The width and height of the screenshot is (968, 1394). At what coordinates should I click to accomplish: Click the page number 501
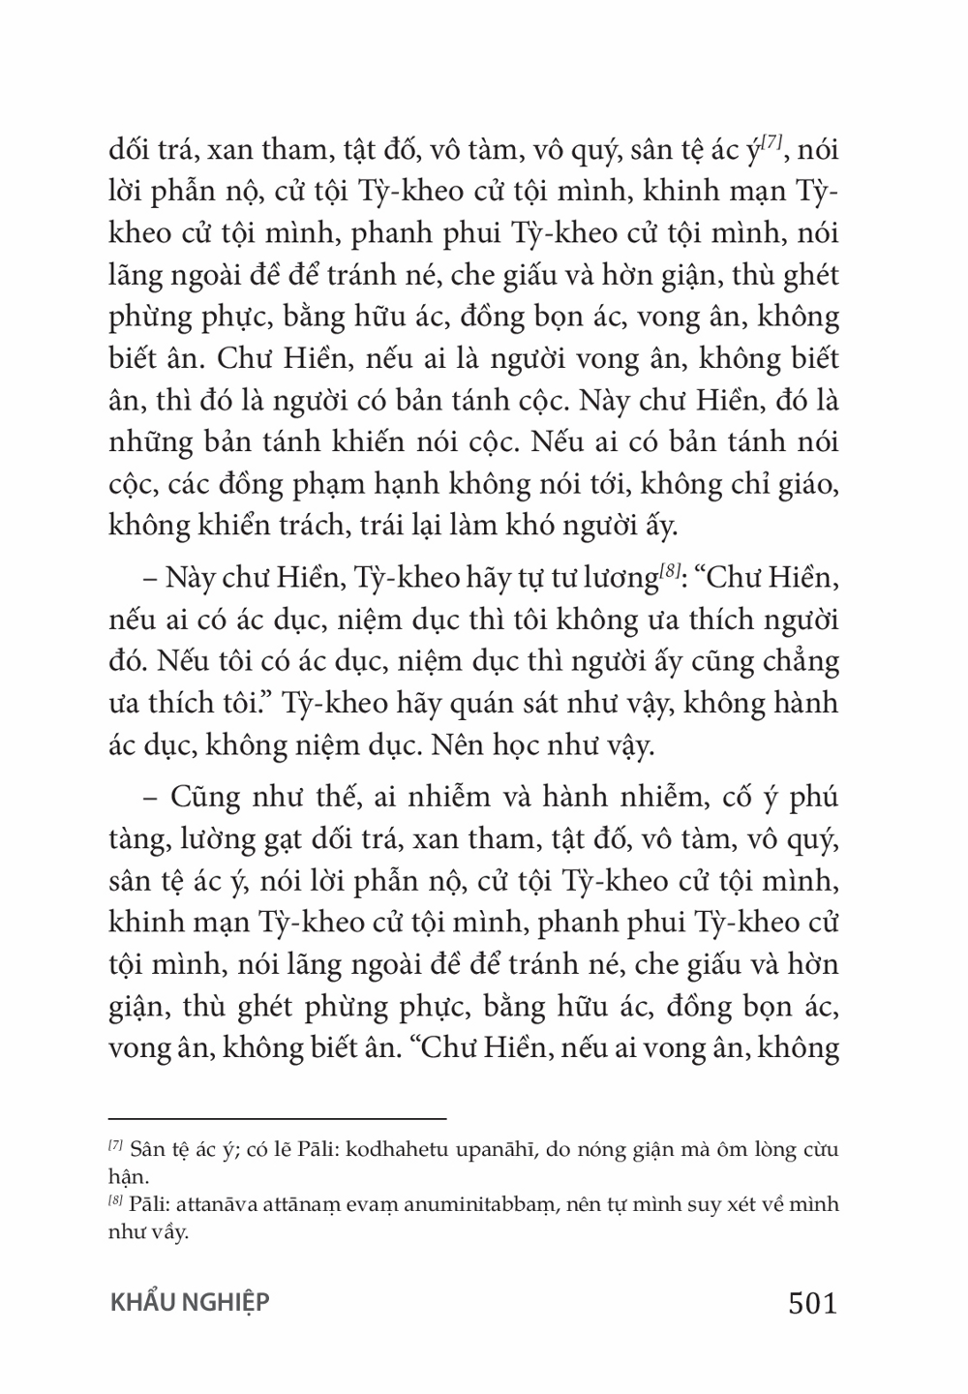coord(812,1304)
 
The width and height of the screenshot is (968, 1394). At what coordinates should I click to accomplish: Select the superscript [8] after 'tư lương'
coord(670,575)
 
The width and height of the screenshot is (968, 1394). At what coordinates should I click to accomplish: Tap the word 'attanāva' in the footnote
coord(212,1206)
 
